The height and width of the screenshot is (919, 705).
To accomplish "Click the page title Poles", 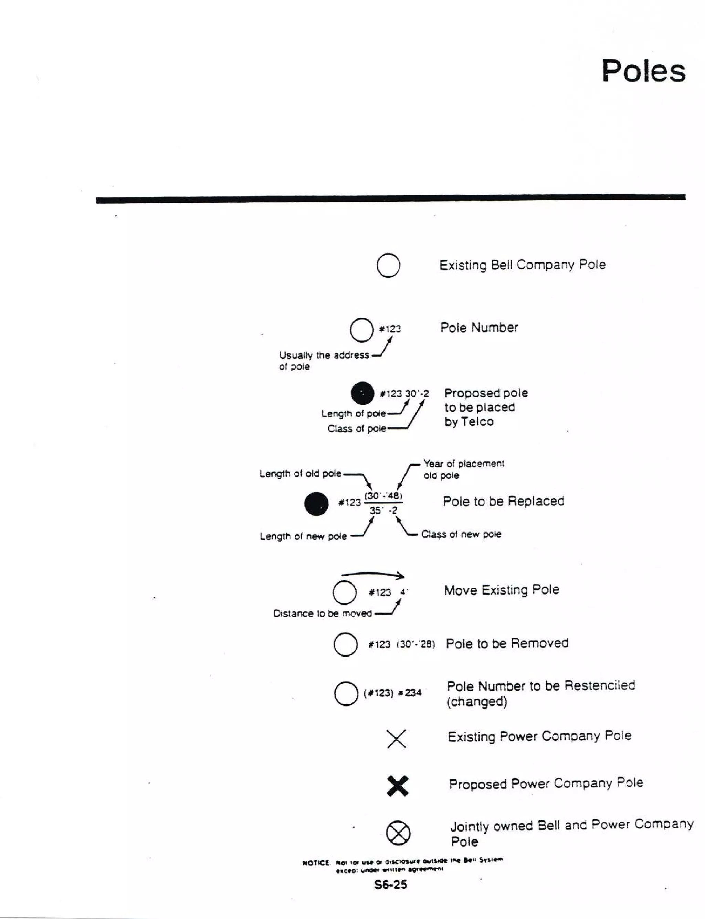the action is (643, 71).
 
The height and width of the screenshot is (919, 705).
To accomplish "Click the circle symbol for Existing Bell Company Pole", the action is (388, 265).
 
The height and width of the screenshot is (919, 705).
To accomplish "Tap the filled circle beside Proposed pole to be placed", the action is (362, 393).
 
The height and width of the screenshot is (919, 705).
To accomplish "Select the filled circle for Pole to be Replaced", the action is (316, 503).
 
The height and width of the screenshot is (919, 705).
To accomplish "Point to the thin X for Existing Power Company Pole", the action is (396, 739).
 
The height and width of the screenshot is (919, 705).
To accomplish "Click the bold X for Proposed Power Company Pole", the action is (397, 786).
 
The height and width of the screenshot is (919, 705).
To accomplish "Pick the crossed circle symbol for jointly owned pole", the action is (398, 833).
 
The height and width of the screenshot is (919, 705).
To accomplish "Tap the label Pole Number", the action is (479, 328).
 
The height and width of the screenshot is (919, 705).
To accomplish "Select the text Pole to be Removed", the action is (507, 643).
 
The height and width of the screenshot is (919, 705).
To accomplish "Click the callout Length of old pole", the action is (300, 474).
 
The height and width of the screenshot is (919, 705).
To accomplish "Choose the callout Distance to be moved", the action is (322, 613).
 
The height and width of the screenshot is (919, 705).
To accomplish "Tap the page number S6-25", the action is (390, 885).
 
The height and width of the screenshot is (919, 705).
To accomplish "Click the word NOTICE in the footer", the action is (316, 863).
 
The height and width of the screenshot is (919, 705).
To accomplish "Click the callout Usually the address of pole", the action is (324, 360).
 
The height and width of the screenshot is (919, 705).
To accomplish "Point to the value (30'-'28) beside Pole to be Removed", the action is (415, 644).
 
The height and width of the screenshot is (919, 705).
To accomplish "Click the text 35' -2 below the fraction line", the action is (383, 510).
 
